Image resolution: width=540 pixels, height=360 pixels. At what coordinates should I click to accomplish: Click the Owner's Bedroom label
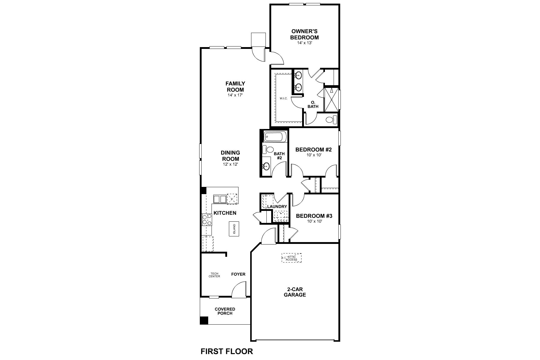click(x=304, y=34)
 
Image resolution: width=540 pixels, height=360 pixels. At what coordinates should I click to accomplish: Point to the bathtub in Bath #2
click(x=275, y=137)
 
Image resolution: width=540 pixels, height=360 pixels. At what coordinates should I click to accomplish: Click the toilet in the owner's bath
click(x=330, y=120)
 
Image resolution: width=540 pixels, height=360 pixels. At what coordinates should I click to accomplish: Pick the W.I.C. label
click(x=284, y=98)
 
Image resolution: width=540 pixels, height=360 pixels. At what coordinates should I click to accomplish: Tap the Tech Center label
click(x=214, y=275)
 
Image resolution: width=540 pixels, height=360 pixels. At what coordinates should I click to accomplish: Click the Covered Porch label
click(x=225, y=311)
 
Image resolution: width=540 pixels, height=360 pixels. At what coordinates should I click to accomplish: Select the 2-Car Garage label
click(x=295, y=292)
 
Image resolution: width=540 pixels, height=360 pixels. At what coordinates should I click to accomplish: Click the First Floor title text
click(x=226, y=351)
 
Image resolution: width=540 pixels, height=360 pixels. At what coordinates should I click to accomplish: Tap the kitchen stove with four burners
click(x=206, y=220)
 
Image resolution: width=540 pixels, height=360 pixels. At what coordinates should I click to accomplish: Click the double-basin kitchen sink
click(x=220, y=199)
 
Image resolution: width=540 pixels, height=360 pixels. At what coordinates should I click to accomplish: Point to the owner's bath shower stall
click(x=331, y=99)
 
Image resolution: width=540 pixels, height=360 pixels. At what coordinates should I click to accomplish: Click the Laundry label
click(x=277, y=207)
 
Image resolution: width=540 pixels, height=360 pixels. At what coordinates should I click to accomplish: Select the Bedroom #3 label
click(x=314, y=216)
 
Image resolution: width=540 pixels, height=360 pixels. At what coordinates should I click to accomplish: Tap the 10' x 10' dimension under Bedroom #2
click(x=314, y=155)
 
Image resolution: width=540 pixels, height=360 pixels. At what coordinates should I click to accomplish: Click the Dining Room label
click(x=231, y=156)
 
